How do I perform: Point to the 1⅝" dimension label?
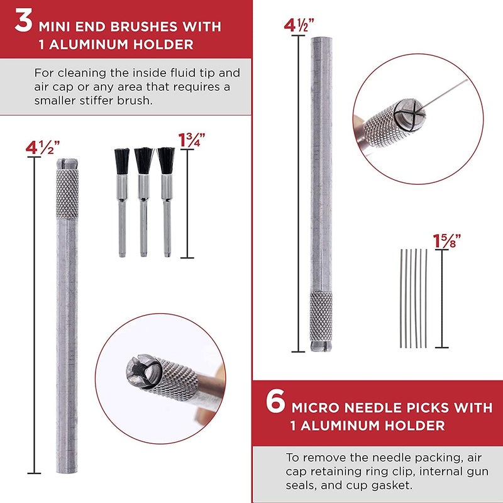(x=446, y=240)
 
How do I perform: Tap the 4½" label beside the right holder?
(x=299, y=26)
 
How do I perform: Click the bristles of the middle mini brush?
(x=144, y=160)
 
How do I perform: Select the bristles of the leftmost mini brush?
(x=121, y=161)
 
